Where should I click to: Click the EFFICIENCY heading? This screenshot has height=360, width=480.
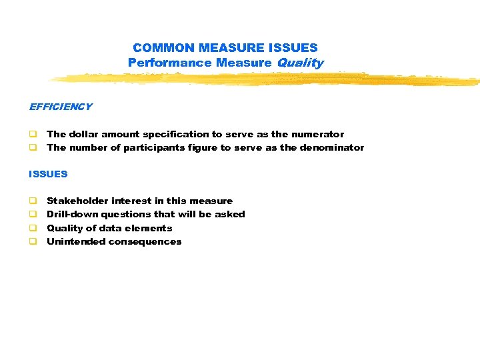[x=61, y=107]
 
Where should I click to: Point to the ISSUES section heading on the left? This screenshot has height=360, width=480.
[x=48, y=174]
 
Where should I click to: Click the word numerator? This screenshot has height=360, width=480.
[x=321, y=134]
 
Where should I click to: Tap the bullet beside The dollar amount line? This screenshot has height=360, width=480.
[x=31, y=135]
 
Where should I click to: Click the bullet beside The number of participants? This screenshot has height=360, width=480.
[x=31, y=148]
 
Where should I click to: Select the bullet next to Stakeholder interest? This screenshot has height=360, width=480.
[x=31, y=201]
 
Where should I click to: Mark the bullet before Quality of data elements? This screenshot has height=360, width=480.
[x=31, y=228]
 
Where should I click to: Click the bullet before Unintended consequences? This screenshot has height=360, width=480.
[x=31, y=242]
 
